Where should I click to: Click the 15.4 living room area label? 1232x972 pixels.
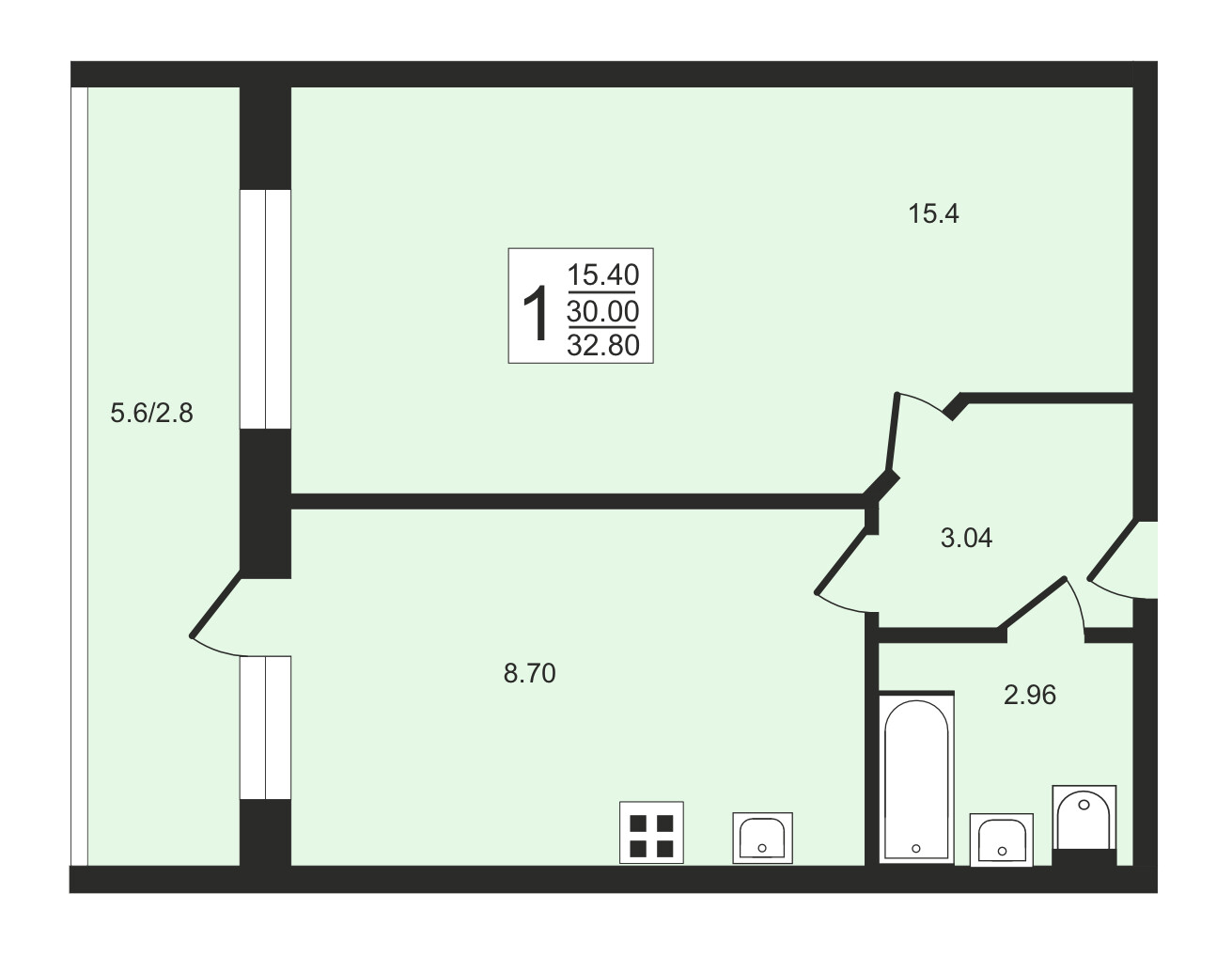tap(933, 213)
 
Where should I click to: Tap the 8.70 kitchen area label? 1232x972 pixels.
tap(530, 674)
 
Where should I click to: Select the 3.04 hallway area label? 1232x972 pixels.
tap(966, 538)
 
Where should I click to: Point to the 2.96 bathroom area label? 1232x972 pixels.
tap(1030, 695)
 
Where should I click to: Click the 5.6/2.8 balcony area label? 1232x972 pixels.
tap(151, 413)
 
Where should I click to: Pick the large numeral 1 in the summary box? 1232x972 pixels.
tap(536, 314)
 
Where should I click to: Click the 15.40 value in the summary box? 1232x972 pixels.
tap(602, 274)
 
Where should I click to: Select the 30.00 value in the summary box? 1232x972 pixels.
tap(602, 311)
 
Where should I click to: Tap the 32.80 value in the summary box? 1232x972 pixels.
tap(602, 345)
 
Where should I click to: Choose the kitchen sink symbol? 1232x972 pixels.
tap(762, 838)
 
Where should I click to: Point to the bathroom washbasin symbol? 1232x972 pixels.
tap(1001, 840)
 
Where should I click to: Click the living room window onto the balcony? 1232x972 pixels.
tap(266, 309)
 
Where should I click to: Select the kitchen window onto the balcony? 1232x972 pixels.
tap(266, 728)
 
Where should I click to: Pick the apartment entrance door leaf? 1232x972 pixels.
tap(1112, 549)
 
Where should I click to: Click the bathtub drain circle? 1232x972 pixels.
tap(916, 849)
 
